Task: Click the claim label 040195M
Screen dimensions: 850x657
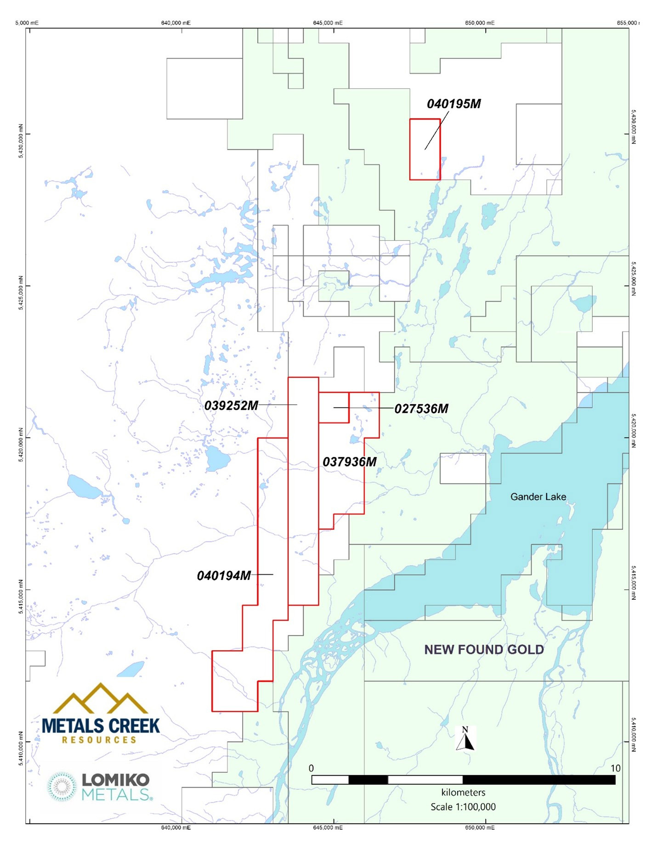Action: [453, 104]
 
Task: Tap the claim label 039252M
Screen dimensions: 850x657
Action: [231, 405]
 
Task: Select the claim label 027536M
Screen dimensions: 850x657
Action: [421, 409]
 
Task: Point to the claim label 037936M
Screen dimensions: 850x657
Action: [349, 462]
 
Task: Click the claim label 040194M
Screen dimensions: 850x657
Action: [224, 575]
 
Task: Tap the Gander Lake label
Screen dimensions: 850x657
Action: [538, 497]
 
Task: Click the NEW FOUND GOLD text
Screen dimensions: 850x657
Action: [484, 649]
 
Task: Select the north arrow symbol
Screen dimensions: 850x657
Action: [465, 739]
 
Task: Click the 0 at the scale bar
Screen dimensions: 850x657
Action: [312, 768]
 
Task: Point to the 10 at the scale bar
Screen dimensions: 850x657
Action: [615, 768]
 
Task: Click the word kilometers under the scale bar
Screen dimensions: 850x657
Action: [463, 793]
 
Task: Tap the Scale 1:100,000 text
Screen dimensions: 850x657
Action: [463, 807]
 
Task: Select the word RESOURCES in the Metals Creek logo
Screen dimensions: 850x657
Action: [99, 740]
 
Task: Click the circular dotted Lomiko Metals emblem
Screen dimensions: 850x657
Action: [62, 787]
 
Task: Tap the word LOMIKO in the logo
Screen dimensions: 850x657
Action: [115, 780]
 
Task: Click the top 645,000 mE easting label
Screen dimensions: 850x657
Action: [328, 23]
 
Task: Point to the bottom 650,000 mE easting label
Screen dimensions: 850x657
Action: [480, 827]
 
